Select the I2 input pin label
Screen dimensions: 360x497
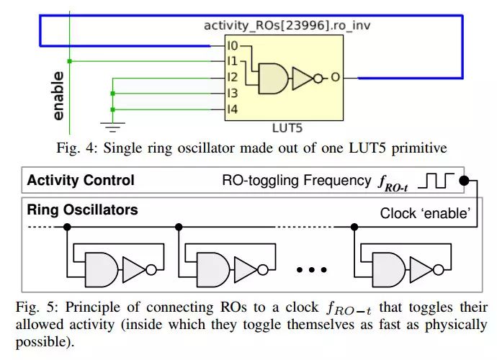[233, 78]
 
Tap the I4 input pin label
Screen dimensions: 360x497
[233, 109]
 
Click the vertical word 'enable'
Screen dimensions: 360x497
[58, 95]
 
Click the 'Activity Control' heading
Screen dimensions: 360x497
[81, 180]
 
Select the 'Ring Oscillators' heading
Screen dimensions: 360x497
[82, 211]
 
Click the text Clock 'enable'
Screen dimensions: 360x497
[424, 214]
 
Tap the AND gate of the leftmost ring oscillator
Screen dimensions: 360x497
[101, 270]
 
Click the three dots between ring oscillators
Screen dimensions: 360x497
[312, 271]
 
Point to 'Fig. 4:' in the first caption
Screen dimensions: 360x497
[76, 148]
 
